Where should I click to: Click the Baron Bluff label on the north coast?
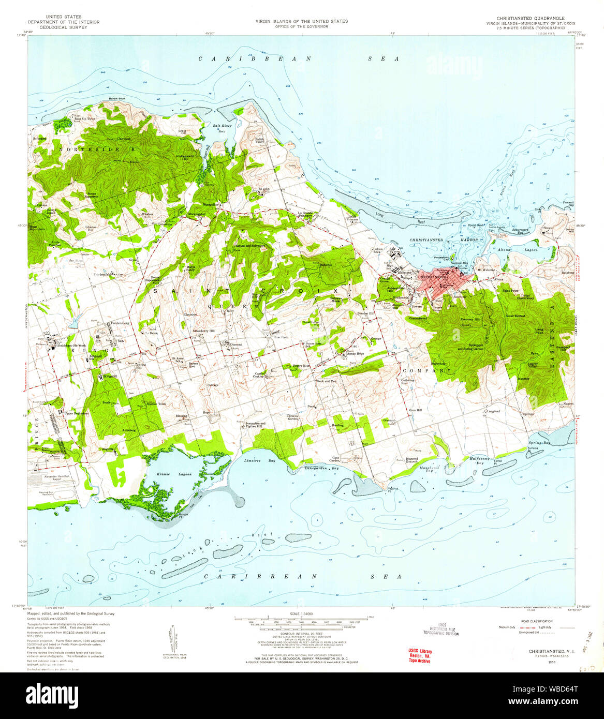click(x=117, y=98)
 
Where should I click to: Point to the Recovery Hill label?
click(x=470, y=320)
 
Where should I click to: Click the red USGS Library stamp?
click(x=420, y=655)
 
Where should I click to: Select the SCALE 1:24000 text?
click(x=302, y=612)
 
